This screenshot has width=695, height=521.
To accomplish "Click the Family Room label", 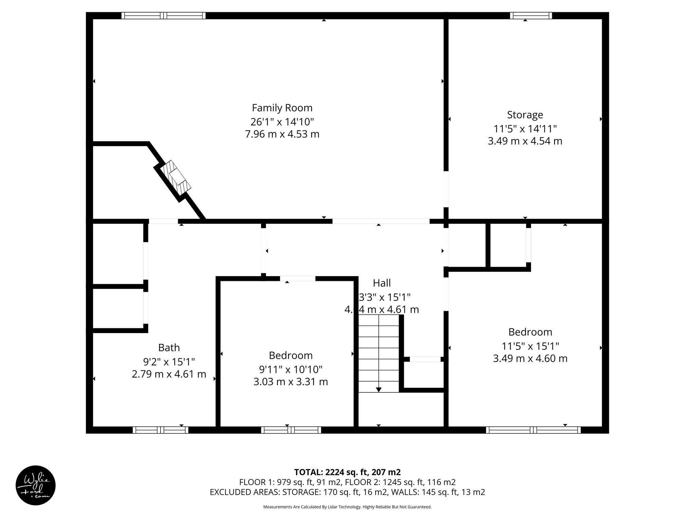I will point(282,108).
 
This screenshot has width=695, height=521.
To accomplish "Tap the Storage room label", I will point(525,115).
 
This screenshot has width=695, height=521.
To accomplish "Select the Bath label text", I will point(169,347).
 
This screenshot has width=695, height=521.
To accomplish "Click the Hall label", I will point(382,283).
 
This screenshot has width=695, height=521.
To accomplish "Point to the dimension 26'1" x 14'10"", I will point(282,121).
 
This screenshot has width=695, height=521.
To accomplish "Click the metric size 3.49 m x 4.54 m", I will point(525,141).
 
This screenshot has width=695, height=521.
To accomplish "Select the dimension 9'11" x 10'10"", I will point(290,369).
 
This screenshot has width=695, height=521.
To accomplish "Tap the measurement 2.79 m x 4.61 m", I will point(169,374).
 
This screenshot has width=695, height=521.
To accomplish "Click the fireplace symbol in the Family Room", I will point(176,177).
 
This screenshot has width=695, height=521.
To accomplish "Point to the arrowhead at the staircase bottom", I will point(378,390).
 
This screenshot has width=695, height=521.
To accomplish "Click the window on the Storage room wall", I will point(531,16).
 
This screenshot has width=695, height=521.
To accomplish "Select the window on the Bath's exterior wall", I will point(160,430).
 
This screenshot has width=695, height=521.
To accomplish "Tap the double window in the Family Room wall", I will point(164,16).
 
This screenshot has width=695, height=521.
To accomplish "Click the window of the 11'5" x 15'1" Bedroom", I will point(533,430).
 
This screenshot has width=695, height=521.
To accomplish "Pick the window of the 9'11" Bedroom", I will point(291,430).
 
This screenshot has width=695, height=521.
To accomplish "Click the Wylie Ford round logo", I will point(36,485).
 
